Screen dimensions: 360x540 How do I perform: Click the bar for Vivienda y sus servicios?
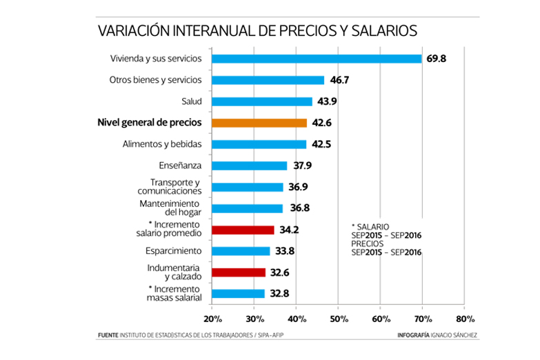317,59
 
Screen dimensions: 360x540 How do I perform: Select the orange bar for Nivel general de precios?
259,123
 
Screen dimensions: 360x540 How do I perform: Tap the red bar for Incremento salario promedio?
243,230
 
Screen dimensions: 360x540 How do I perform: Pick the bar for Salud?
262,101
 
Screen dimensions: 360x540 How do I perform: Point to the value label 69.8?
437,59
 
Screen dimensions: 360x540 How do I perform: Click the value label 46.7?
340,80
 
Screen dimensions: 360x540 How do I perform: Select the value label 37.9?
301,166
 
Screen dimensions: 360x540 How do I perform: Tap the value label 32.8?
279,293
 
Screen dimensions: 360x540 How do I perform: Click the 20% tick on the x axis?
212,319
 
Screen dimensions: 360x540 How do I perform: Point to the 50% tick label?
338,319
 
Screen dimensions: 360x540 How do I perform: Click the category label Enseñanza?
180,166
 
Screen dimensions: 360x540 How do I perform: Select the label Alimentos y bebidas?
162,144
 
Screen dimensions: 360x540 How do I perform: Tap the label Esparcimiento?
173,250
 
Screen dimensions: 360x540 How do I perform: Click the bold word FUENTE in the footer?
108,336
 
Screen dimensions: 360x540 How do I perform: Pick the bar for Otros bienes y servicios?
268,80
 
